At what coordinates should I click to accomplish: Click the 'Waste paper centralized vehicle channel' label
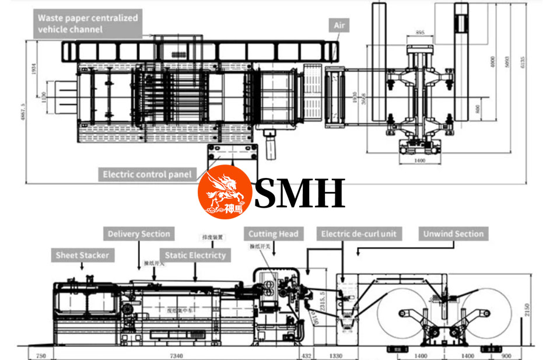88,23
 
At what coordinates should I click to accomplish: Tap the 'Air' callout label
339,26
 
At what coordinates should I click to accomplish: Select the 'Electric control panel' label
148,174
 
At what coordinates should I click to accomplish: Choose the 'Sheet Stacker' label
82,255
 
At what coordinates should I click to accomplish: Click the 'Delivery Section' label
139,234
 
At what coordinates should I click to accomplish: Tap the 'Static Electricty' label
195,255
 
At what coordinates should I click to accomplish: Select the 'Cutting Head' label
273,234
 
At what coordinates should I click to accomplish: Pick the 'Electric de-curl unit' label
359,234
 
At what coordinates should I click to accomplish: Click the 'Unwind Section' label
453,234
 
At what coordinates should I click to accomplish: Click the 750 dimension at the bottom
40,354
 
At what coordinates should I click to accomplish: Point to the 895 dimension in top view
421,32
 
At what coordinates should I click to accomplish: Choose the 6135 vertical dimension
523,58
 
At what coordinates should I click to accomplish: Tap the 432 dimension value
306,354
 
